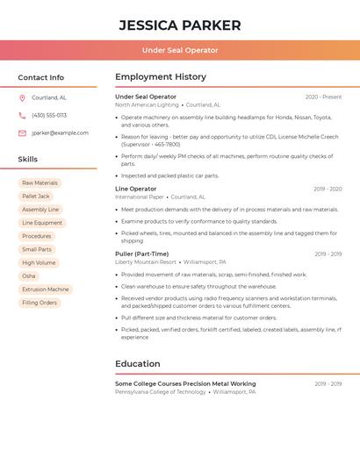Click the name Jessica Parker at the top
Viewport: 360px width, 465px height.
[180, 25]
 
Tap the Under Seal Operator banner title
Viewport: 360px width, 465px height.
[180, 50]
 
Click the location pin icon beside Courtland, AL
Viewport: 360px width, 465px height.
[22, 97]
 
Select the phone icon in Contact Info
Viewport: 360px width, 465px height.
[22, 115]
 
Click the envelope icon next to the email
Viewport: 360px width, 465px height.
[22, 132]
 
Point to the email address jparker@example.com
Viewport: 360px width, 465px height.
[60, 132]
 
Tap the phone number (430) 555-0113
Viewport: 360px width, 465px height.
[49, 115]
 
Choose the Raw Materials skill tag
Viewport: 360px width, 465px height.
[40, 182]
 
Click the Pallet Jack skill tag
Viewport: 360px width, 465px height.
[36, 197]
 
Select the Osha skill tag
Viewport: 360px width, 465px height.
[29, 275]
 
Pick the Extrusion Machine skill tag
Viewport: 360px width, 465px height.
[45, 289]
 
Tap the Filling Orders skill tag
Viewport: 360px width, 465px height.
[40, 303]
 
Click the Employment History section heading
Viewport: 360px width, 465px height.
[161, 77]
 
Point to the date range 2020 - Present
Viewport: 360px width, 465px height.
[323, 97]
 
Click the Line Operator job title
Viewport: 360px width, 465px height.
[135, 189]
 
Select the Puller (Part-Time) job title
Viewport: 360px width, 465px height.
[141, 254]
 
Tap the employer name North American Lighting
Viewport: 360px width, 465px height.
[147, 104]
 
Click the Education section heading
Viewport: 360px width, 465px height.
[138, 363]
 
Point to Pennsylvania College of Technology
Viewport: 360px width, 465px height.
[161, 391]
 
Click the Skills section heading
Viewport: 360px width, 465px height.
[28, 159]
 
